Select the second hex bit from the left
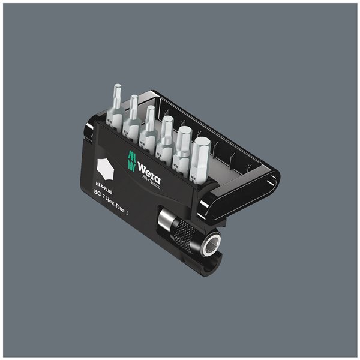tap(133, 111)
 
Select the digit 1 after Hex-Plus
tap(151, 220)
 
